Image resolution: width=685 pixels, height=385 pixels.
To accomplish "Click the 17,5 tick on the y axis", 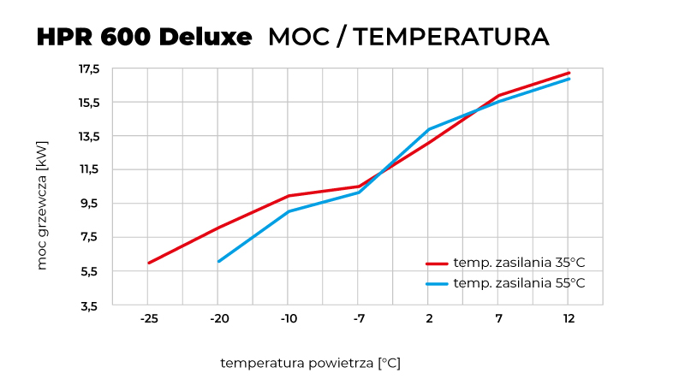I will (x=91, y=68).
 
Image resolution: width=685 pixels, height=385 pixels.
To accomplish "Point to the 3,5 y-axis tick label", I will (x=91, y=305).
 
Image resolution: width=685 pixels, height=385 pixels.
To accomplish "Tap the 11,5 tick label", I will (x=91, y=169).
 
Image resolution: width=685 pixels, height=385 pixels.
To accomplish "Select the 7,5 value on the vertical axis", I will (x=91, y=237).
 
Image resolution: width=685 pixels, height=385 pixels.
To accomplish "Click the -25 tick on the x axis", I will (x=148, y=319).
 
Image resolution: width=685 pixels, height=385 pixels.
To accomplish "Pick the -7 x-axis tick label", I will (x=359, y=319).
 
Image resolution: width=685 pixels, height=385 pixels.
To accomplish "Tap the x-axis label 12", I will (x=568, y=319).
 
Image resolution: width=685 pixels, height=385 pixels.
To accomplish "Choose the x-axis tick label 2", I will (x=428, y=319).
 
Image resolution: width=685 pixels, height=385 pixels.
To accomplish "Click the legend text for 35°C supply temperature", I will (x=520, y=264).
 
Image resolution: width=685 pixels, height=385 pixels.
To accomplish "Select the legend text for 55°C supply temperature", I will (x=520, y=283).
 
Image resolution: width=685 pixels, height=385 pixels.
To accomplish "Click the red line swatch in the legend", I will (x=438, y=264).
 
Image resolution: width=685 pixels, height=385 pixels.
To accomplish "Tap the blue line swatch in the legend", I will (x=438, y=283).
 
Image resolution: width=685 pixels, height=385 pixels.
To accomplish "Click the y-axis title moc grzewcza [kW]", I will (x=42, y=205).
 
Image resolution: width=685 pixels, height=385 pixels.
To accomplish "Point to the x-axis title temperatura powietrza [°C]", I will (x=310, y=363).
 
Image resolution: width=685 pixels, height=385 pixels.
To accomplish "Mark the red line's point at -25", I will (x=149, y=263).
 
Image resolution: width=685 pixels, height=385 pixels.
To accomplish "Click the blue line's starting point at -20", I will (x=219, y=261).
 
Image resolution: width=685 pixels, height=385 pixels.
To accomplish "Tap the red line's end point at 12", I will (x=569, y=73).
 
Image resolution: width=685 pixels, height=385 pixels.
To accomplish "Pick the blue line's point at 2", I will (x=428, y=129).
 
